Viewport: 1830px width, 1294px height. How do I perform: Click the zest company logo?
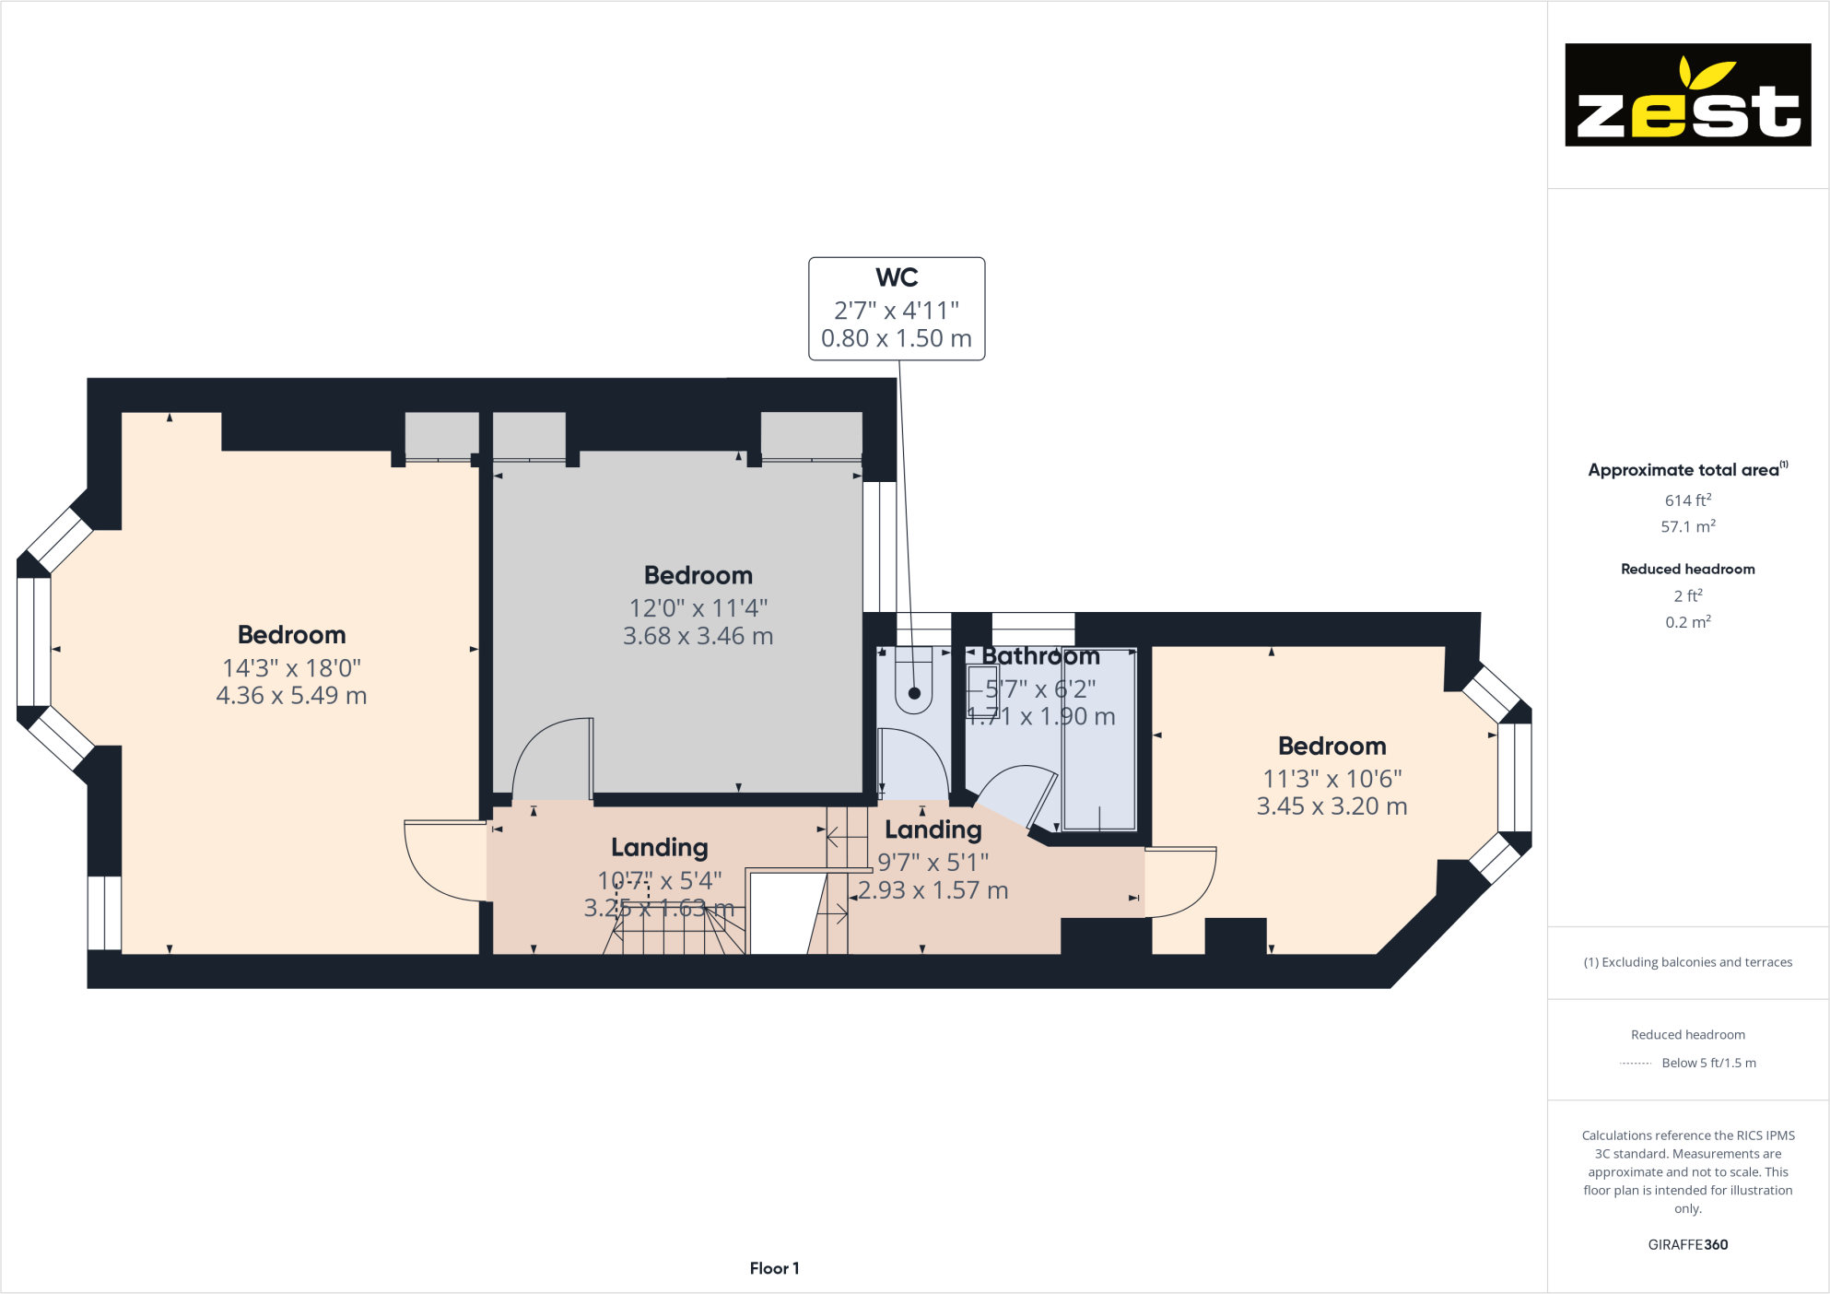pos(1687,95)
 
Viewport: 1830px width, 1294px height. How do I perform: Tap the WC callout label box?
pos(897,309)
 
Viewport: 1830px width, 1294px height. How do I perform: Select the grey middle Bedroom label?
pos(698,576)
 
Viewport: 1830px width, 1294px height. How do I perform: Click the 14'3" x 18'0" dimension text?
pos(291,668)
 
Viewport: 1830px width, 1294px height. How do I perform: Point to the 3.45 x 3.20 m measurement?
pos(1331,806)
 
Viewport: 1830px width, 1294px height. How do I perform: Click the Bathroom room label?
pos(1040,657)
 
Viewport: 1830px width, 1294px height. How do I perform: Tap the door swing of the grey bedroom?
pos(548,756)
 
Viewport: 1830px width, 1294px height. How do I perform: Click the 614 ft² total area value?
pos(1687,500)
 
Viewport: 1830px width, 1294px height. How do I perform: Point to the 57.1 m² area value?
pos(1687,527)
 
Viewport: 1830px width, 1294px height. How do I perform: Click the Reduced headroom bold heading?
pos(1687,570)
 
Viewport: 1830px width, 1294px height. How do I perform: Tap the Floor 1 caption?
pos(774,1268)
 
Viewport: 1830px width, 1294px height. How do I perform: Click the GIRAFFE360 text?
pos(1687,1244)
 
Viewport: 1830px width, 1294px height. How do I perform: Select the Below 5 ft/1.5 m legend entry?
pos(1707,1063)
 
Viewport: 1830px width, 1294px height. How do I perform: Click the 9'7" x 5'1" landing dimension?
pos(933,863)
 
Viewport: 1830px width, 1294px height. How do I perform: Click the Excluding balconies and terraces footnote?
pos(1687,962)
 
